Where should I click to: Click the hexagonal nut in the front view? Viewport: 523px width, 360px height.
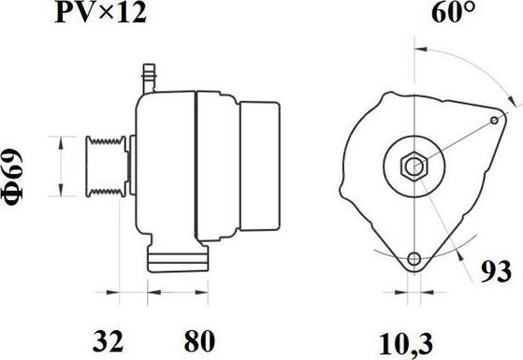coord(414,167)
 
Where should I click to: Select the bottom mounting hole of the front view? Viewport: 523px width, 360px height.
coord(414,259)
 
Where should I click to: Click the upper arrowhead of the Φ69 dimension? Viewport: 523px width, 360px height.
coord(61,140)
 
